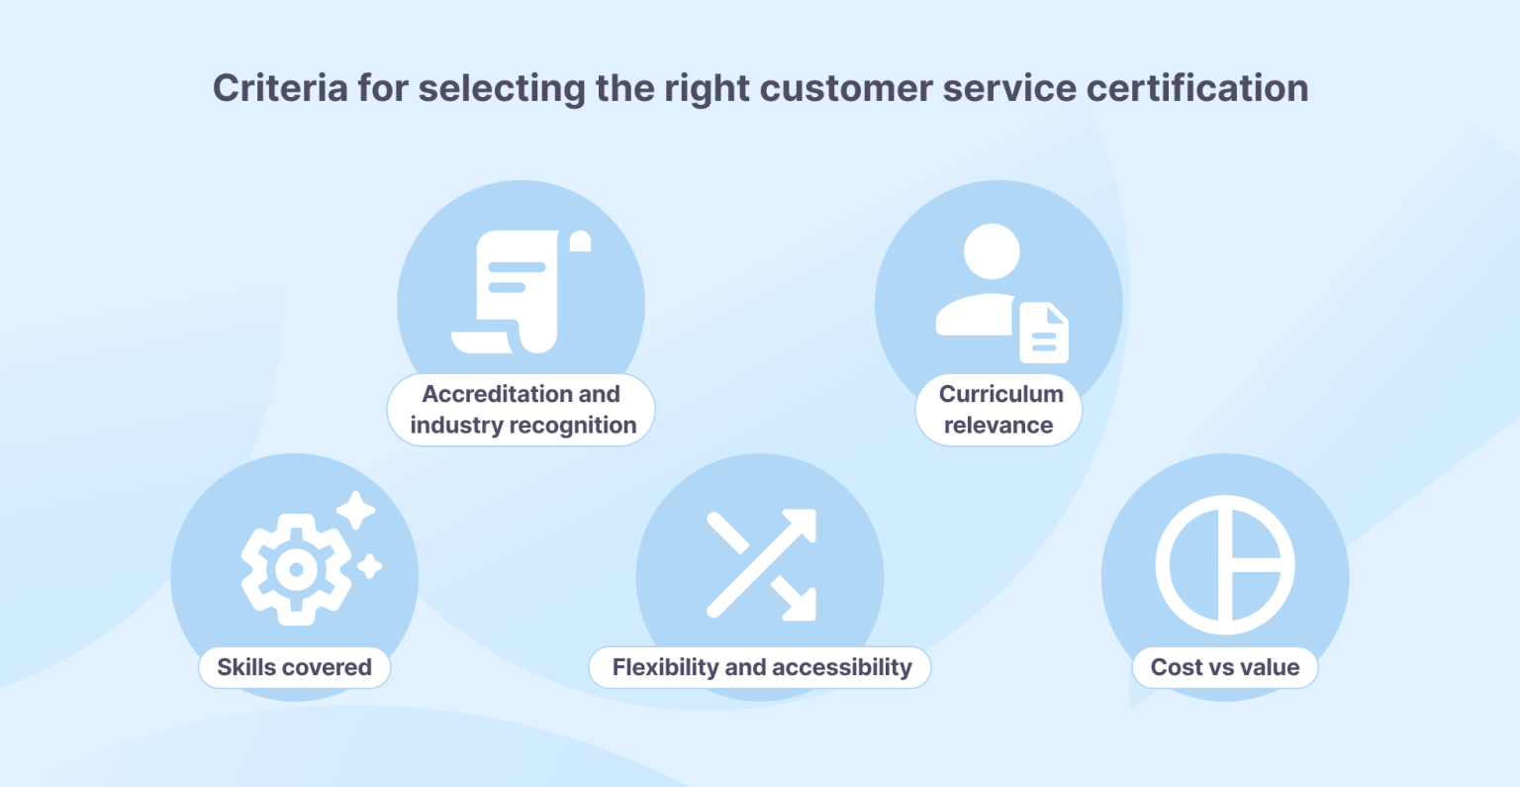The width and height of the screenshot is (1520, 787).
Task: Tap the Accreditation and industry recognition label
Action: (x=522, y=410)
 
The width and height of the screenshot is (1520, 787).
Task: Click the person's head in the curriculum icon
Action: (x=992, y=251)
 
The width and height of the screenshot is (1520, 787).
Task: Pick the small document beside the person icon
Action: (x=1044, y=334)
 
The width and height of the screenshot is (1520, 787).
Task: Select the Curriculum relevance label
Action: (x=999, y=410)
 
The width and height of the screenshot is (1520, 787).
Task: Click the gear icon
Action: (x=295, y=569)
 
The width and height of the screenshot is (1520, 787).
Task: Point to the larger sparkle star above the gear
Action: (x=356, y=511)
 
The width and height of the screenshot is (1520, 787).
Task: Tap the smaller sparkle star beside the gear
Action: (x=370, y=566)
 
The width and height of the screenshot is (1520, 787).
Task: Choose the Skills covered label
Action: (x=295, y=667)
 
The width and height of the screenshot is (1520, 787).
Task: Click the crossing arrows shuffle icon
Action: (x=761, y=564)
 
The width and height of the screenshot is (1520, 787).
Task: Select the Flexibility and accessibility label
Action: (x=761, y=667)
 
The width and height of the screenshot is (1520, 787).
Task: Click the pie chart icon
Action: (x=1225, y=565)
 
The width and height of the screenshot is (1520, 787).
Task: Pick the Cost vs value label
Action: (x=1225, y=667)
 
